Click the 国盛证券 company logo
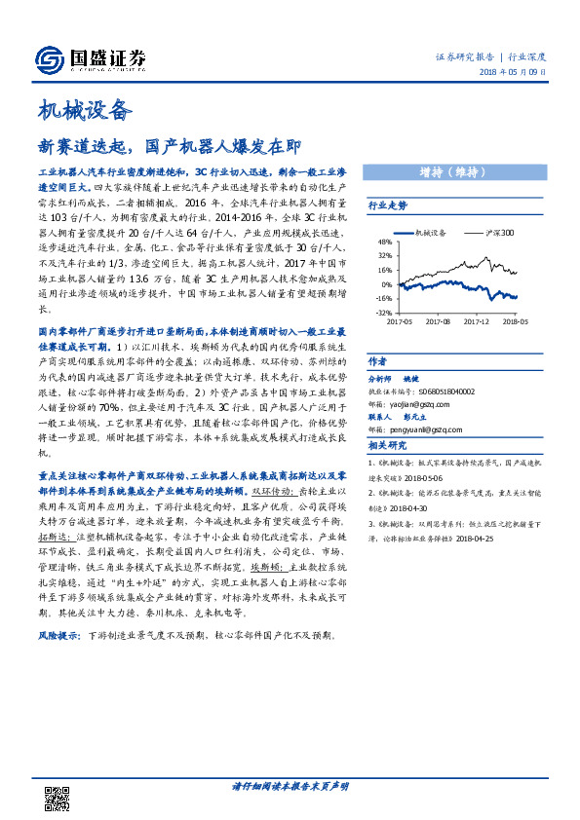[x=90, y=61]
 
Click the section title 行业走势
[x=387, y=206]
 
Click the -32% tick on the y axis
[x=383, y=313]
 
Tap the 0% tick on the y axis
[x=386, y=284]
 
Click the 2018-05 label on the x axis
[x=516, y=320]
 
